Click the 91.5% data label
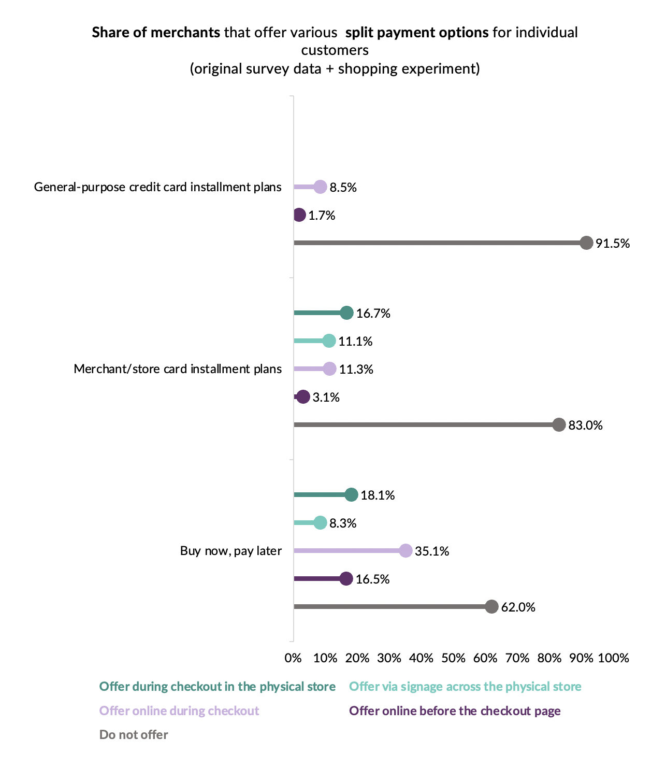click(x=613, y=243)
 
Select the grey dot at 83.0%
click(x=559, y=425)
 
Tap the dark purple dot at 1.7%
click(x=299, y=215)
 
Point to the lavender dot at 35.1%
click(x=406, y=551)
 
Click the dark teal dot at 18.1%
click(x=352, y=495)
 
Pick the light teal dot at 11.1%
click(x=329, y=341)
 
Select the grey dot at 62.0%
click(x=492, y=607)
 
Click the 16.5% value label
click(x=373, y=579)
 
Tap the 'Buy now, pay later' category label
click(x=231, y=550)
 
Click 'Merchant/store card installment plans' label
click(x=178, y=369)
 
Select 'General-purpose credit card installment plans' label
click(x=158, y=187)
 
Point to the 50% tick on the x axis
click(x=454, y=658)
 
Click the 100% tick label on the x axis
click(x=613, y=658)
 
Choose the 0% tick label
click(x=293, y=658)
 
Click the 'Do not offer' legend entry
click(x=134, y=734)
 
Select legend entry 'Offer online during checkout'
click(x=179, y=711)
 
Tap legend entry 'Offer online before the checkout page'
click(x=455, y=711)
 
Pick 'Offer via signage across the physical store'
click(x=465, y=687)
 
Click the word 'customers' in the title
click(x=335, y=50)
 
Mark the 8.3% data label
click(x=343, y=523)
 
